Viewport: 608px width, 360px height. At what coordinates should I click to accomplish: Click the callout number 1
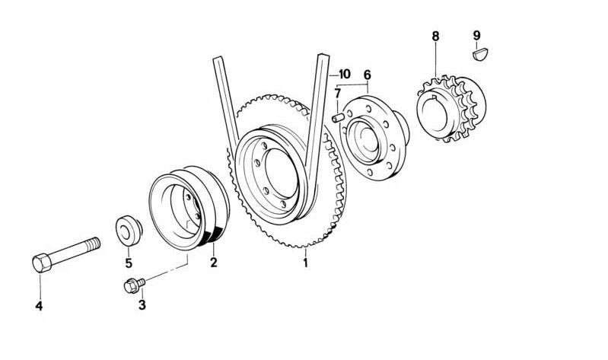306,263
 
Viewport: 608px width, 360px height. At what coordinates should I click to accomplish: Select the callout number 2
214,263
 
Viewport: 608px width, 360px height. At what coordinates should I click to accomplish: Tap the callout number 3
142,305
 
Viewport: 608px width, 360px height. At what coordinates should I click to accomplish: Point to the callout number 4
39,307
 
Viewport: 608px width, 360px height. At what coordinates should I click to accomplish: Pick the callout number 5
129,263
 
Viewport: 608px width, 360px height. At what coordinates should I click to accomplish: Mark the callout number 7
337,94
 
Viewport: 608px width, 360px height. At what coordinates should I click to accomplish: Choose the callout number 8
435,36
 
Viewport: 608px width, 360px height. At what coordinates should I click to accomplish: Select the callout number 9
476,35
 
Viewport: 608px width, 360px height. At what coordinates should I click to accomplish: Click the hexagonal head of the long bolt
43,263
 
